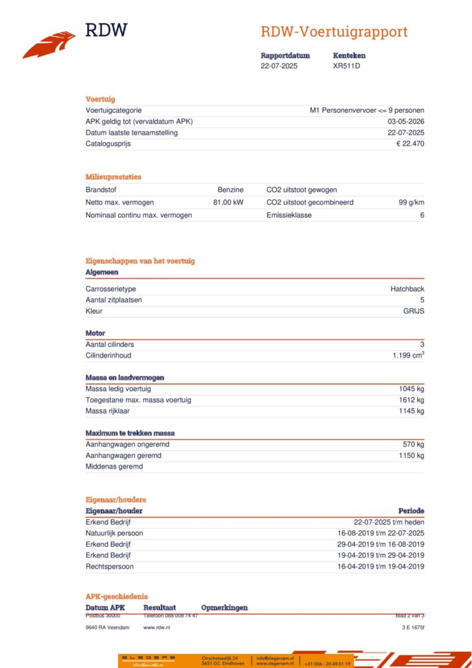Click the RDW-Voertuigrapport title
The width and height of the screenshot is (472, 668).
(x=334, y=32)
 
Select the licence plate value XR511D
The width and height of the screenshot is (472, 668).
(x=346, y=66)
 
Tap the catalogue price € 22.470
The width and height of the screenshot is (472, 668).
(x=410, y=144)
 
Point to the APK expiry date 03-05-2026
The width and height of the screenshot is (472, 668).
(x=406, y=122)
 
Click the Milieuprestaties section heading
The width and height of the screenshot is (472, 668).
(x=113, y=177)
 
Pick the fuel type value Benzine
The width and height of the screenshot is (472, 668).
(x=230, y=190)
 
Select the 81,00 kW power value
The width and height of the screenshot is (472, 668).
(x=228, y=202)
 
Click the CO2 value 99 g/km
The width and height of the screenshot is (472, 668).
(x=411, y=202)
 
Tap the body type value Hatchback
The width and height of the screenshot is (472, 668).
(x=407, y=289)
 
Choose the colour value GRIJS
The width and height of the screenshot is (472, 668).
(x=413, y=311)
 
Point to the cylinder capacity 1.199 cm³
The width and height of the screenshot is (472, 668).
(x=408, y=355)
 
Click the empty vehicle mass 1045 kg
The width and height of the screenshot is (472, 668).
(x=411, y=389)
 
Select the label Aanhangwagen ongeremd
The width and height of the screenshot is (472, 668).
(x=127, y=445)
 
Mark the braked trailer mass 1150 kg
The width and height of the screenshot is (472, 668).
(x=411, y=456)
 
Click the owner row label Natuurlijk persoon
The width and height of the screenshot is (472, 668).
(x=114, y=533)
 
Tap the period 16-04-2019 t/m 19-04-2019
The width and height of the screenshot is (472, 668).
(x=381, y=567)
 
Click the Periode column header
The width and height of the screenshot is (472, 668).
(x=411, y=511)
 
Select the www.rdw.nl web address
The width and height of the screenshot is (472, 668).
(x=157, y=627)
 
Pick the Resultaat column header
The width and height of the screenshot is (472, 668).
(x=159, y=608)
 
